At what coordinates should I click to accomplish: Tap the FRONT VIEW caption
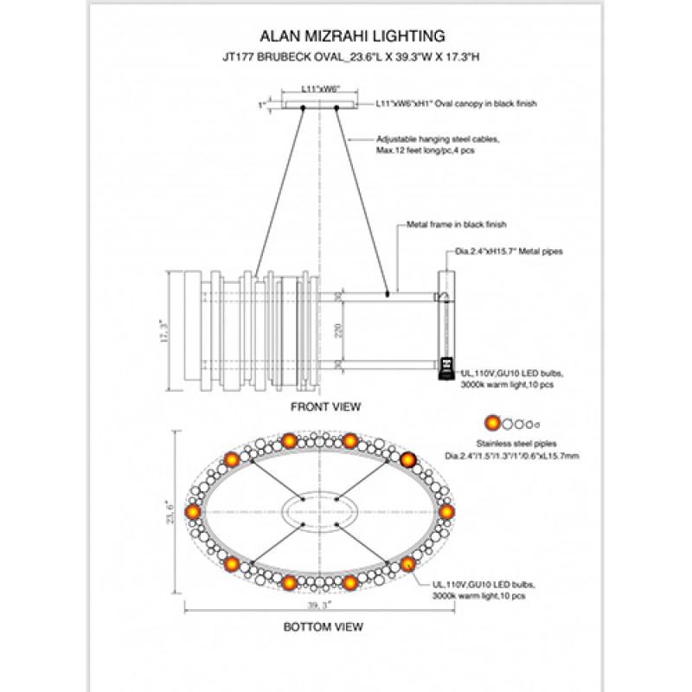(x=325, y=406)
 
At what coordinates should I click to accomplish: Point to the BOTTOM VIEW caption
(x=324, y=625)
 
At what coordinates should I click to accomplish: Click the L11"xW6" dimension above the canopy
(x=319, y=88)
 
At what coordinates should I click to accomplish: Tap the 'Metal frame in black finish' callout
(x=456, y=224)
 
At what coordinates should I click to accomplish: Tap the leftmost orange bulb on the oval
(x=193, y=512)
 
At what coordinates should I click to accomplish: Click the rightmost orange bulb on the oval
(x=446, y=512)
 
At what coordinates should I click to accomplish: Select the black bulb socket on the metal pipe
(x=446, y=367)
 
